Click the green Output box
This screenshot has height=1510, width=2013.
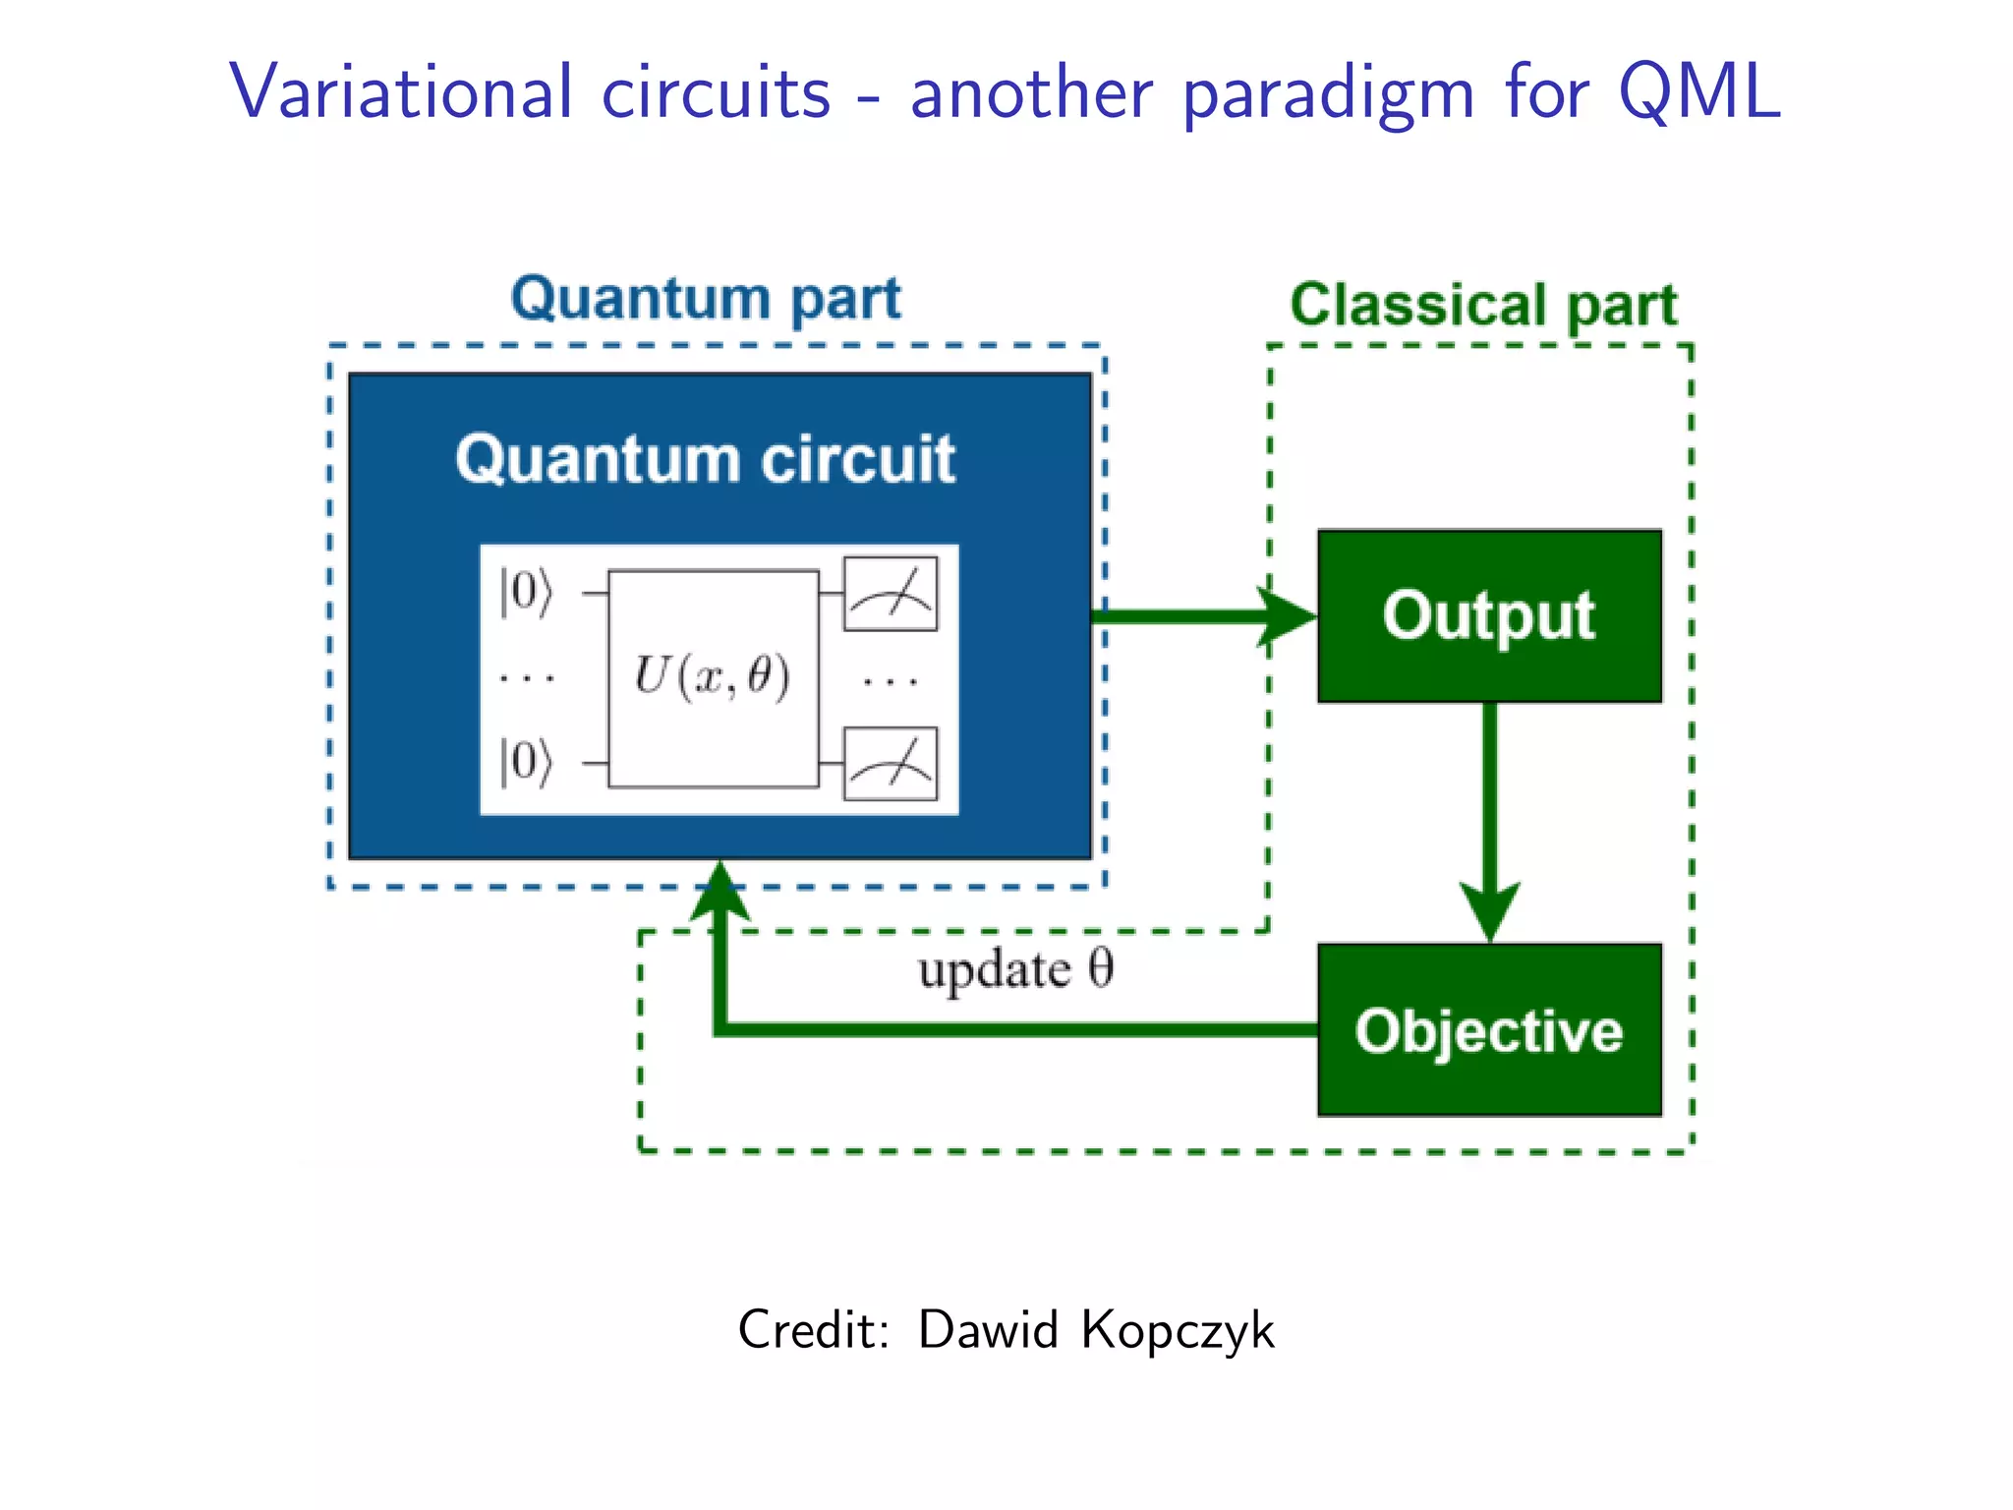1489,616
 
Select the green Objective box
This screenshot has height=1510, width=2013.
1489,1029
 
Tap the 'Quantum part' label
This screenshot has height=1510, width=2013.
706,299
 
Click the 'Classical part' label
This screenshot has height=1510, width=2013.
1483,305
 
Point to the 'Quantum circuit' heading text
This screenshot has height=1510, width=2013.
705,459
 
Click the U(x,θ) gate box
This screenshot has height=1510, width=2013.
713,678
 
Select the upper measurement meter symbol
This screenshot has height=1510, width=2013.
891,594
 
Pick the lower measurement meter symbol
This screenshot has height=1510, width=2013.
891,764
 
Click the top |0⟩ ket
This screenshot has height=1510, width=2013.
527,592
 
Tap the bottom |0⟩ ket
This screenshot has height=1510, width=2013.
527,762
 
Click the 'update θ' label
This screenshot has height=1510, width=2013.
1015,970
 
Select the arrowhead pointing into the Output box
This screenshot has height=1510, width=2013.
1288,617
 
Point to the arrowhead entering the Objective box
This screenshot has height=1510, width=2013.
1490,909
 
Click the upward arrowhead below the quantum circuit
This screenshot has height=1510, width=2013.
720,890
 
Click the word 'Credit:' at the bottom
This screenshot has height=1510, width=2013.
814,1330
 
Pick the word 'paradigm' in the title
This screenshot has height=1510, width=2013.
1328,94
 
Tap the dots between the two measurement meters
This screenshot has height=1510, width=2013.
891,680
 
